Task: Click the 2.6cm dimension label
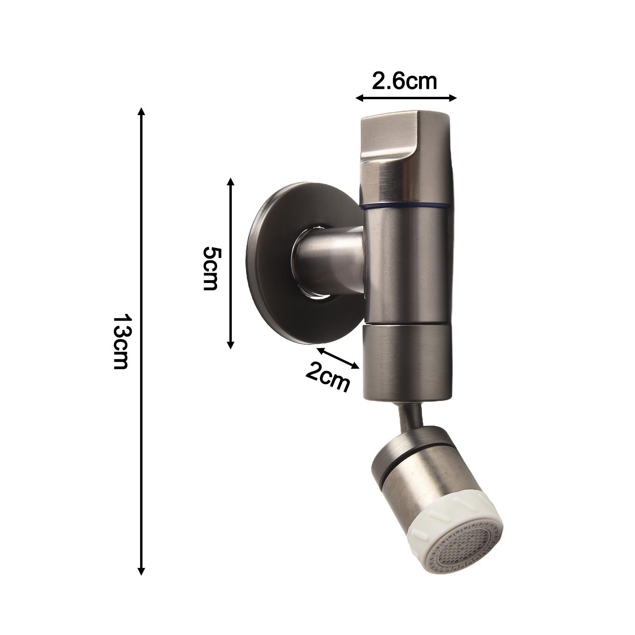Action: coord(404,82)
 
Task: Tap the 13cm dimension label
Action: coord(120,342)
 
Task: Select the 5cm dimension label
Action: coord(210,268)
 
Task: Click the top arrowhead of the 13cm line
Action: coord(141,111)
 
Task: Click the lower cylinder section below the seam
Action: coord(407,361)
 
